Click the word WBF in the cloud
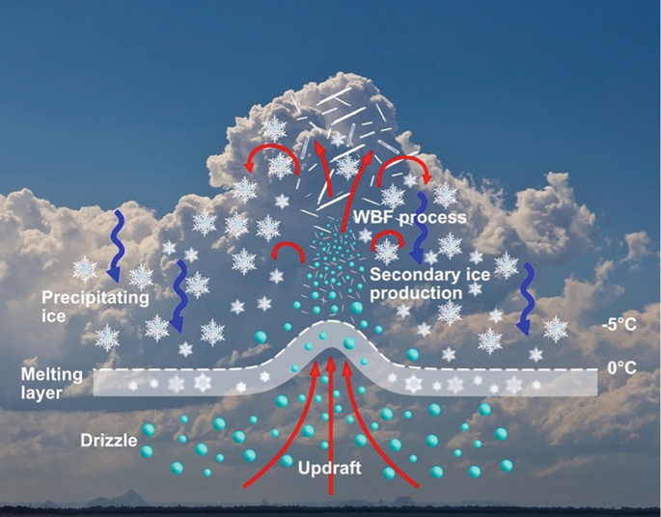[x=374, y=218]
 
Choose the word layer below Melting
[x=45, y=392]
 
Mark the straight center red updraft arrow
[x=332, y=424]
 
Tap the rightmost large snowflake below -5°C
[x=555, y=330]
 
